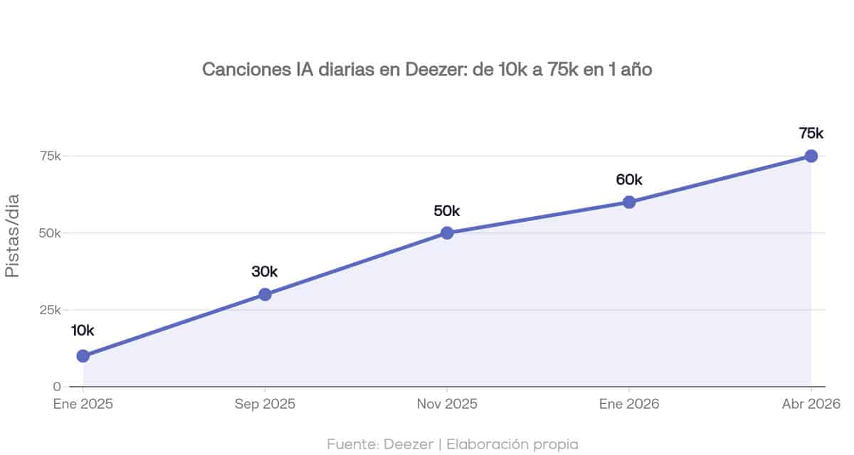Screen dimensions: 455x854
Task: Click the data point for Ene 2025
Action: click(x=83, y=355)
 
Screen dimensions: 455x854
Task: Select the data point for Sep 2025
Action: click(x=265, y=294)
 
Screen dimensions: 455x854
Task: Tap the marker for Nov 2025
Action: click(x=447, y=233)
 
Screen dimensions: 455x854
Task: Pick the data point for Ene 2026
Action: click(x=629, y=202)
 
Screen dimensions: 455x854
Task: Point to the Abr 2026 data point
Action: click(x=811, y=156)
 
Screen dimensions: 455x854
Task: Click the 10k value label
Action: click(x=83, y=330)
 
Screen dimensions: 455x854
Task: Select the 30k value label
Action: click(x=265, y=271)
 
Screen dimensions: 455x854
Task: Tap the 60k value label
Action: click(x=629, y=179)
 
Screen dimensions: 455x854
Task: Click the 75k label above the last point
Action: click(x=811, y=133)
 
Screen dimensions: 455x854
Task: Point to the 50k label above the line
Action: click(x=447, y=210)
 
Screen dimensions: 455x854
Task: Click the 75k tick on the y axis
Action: click(x=48, y=156)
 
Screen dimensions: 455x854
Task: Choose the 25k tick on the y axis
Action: click(x=48, y=310)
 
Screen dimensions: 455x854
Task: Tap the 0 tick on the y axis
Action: click(x=56, y=387)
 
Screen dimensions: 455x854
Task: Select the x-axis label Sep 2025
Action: click(x=265, y=404)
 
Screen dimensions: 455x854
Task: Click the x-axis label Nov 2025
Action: click(x=447, y=404)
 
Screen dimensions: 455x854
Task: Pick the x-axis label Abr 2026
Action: click(x=811, y=404)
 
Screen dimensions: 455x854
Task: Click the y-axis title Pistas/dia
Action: click(x=14, y=235)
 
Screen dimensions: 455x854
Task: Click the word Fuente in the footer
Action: click(x=352, y=444)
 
